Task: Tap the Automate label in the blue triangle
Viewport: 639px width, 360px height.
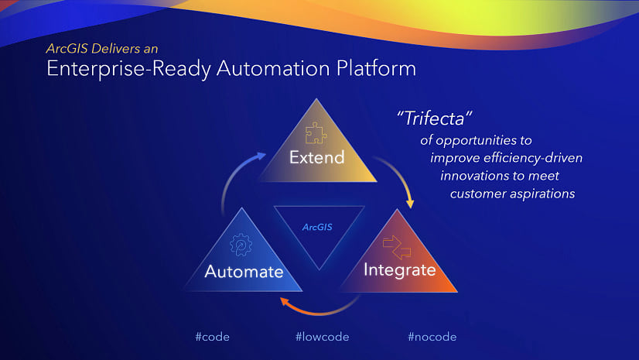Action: tap(243, 272)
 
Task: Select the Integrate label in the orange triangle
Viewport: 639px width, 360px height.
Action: tap(399, 270)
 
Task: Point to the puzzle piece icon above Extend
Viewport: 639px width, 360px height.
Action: tap(314, 134)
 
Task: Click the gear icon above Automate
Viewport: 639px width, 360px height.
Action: tap(241, 246)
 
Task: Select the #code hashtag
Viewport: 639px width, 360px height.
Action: tap(212, 337)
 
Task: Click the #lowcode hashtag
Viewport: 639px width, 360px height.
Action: tap(322, 337)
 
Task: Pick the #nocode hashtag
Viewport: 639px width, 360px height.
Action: tap(432, 337)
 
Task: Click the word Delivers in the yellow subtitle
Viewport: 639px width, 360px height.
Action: tap(121, 49)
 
